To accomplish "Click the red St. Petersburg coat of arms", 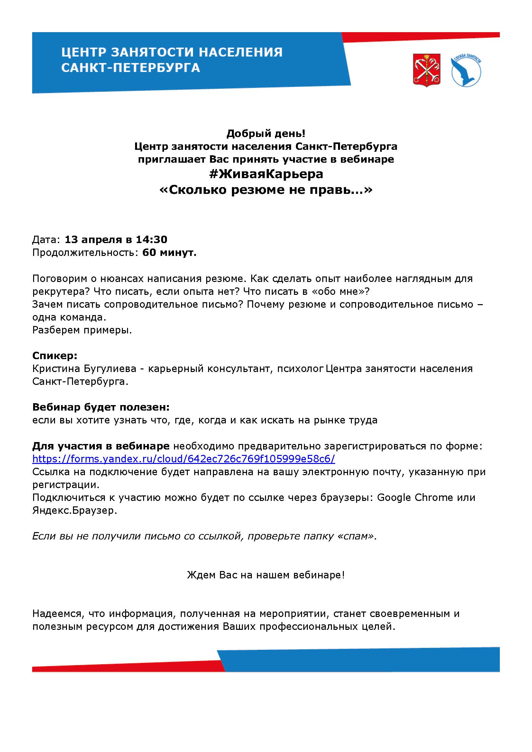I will tap(427, 70).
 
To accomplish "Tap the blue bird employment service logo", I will tap(466, 71).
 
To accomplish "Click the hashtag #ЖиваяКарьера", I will tap(266, 174).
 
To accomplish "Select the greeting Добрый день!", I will tap(266, 133).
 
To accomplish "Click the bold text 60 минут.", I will tap(169, 252).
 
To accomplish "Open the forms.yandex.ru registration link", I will tap(183, 459).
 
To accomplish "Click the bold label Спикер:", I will tap(55, 356).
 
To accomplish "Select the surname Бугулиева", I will tap(110, 369).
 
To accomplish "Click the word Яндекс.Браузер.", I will tap(74, 511).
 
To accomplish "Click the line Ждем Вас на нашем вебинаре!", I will tap(266, 575).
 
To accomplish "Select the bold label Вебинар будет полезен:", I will tap(101, 407).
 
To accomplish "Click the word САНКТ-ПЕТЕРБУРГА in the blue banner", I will tap(130, 68).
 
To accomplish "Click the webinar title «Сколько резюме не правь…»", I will tap(266, 190).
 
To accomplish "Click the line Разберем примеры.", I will tap(82, 330).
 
